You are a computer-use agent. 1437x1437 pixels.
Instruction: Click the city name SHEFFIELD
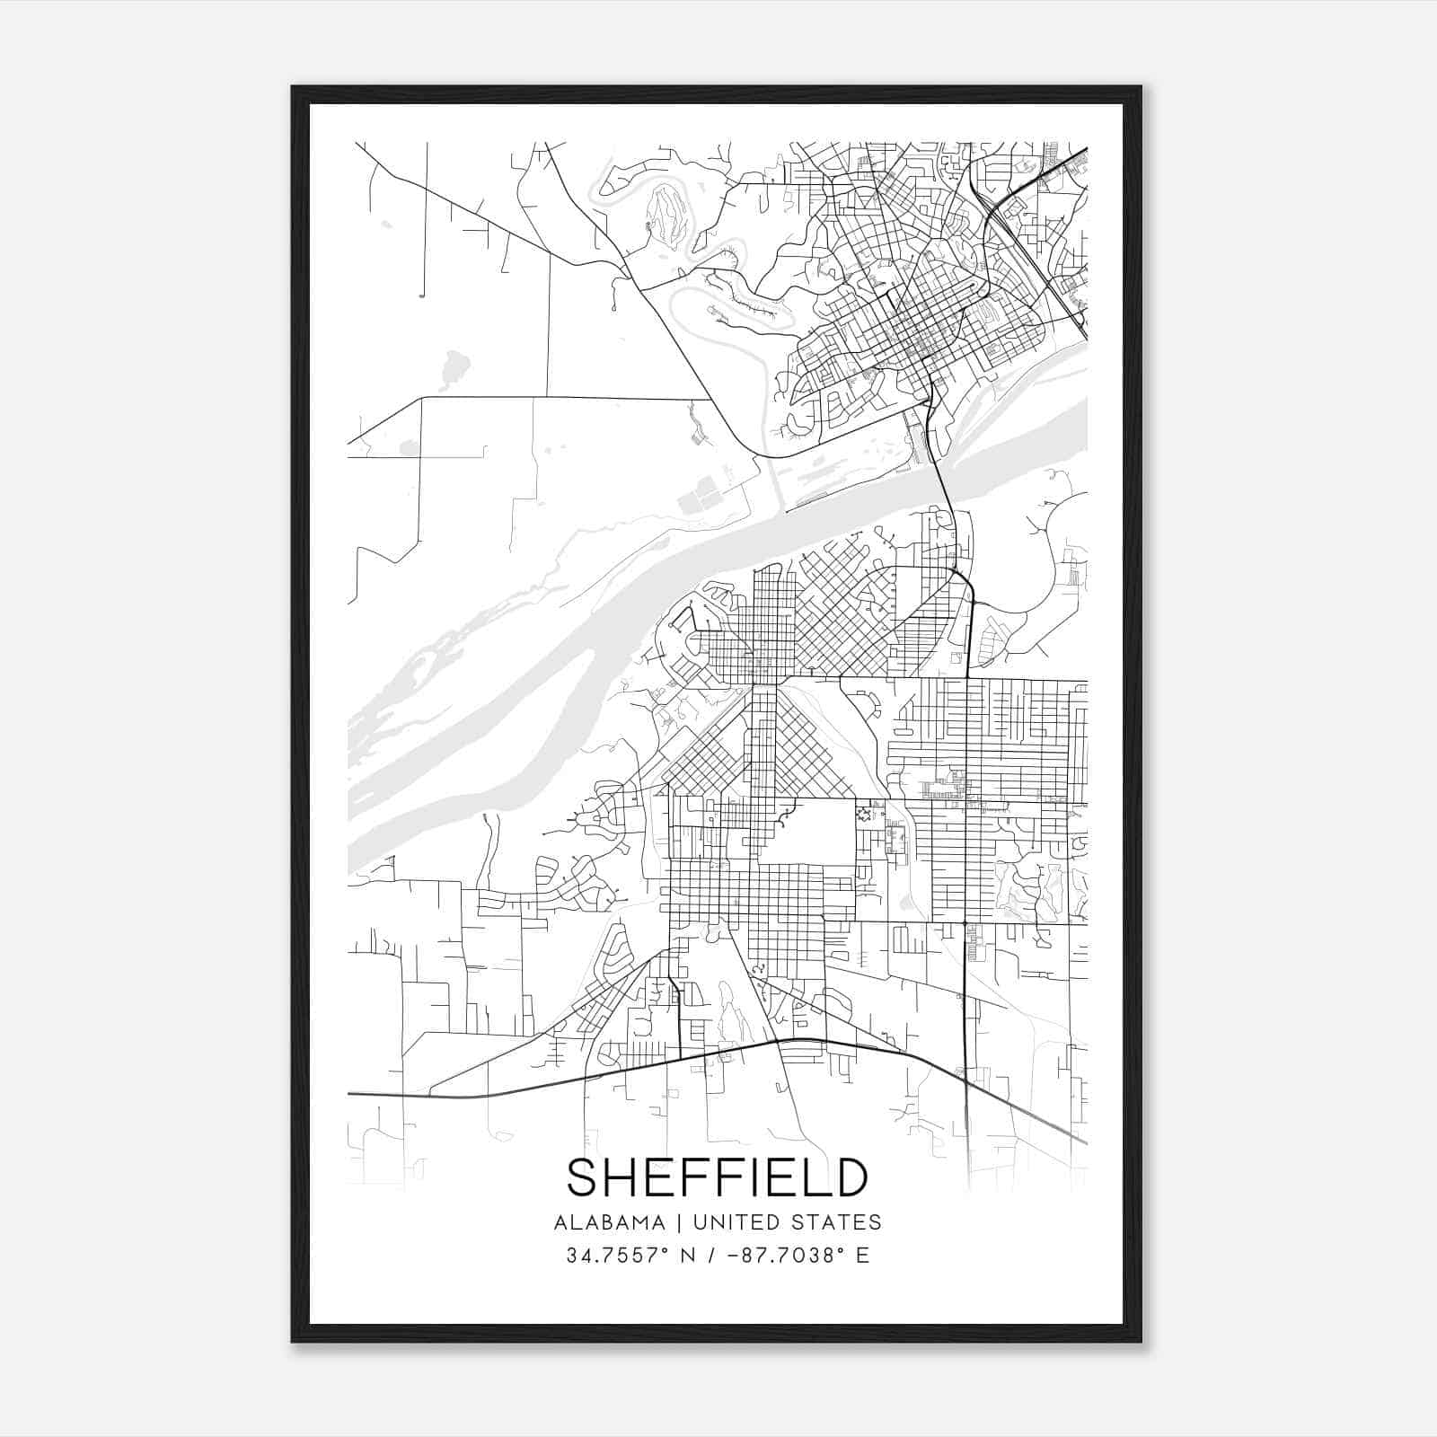(718, 1177)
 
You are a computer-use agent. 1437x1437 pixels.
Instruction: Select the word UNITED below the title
(734, 1222)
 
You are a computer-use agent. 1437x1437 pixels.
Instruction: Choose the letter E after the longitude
(862, 1256)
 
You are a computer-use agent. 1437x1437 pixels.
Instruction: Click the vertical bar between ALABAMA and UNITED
(679, 1222)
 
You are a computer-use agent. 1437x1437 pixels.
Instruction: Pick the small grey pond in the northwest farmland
(454, 366)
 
